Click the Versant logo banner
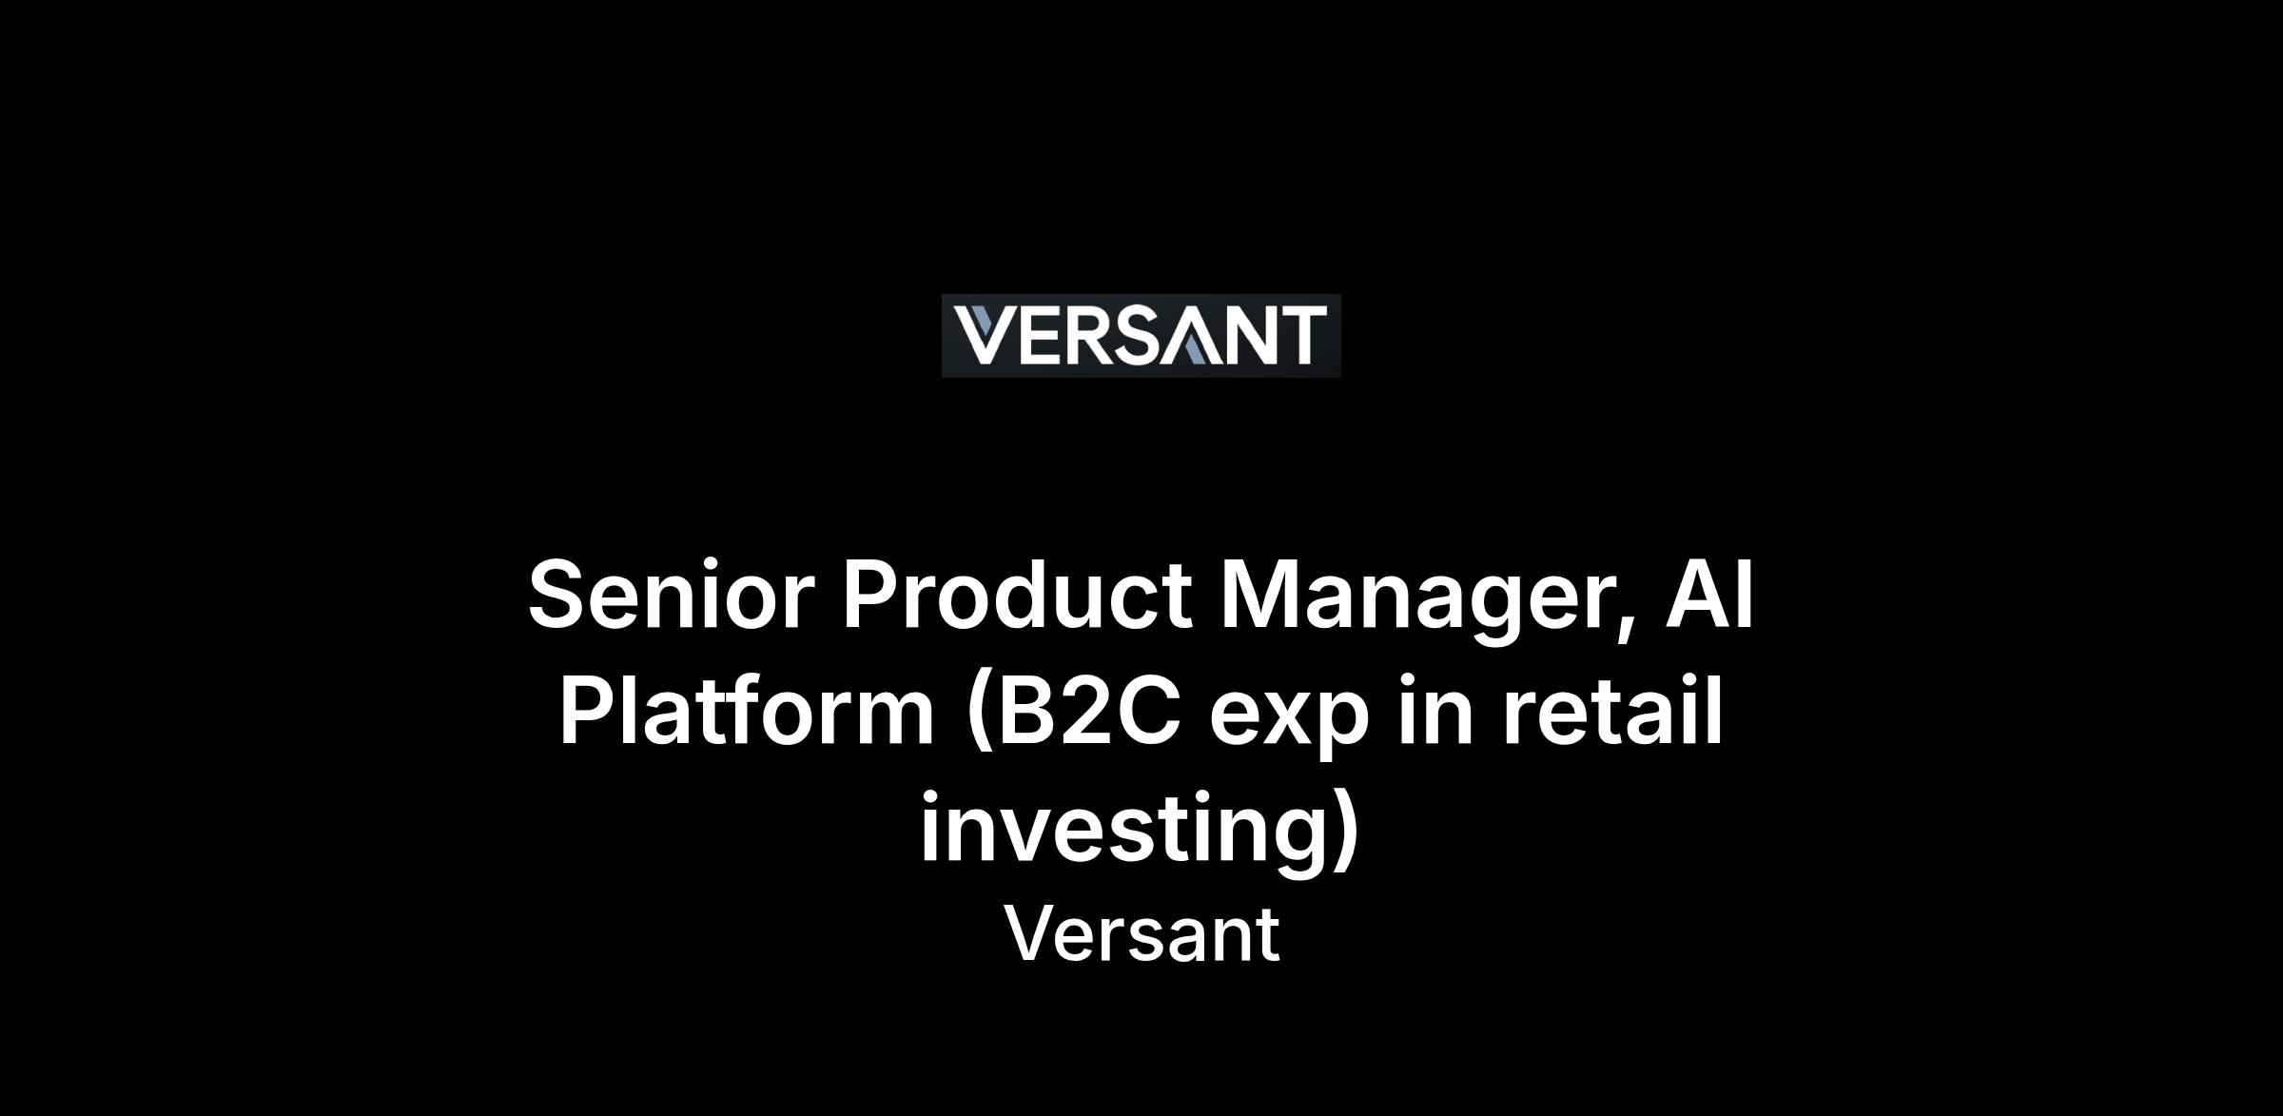pos(1141,336)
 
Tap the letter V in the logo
pos(985,335)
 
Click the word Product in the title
pos(1017,595)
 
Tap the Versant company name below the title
pos(1141,934)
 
